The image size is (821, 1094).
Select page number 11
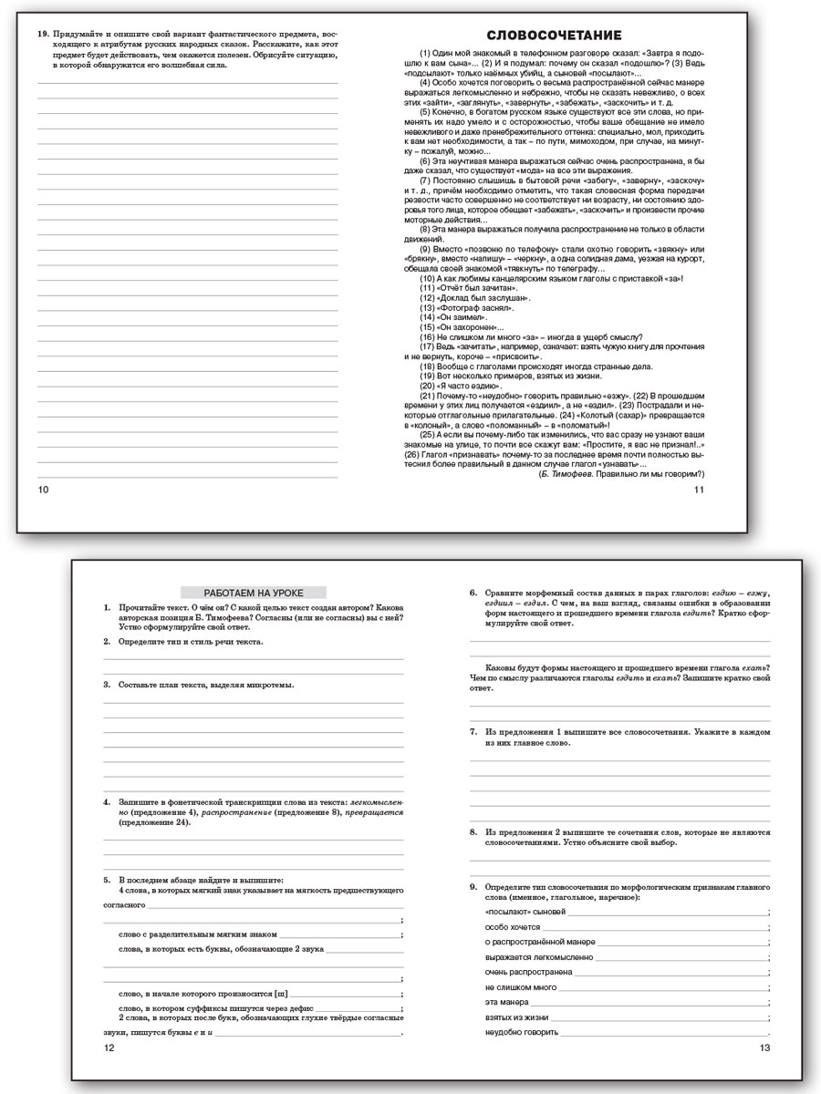700,490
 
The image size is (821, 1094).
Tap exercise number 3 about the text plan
107,685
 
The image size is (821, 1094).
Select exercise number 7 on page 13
473,732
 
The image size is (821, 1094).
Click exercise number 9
473,886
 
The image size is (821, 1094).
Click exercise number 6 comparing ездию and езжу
473,593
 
